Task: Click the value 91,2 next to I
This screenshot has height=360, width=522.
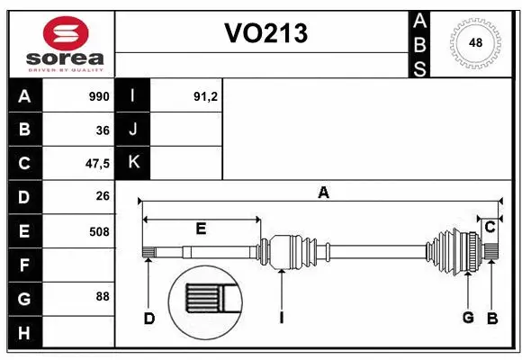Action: point(206,96)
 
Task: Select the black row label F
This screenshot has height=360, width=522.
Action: point(24,265)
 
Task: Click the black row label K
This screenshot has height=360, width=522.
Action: point(133,163)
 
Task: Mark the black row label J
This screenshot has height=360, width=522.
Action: point(133,130)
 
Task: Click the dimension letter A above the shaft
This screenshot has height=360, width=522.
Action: point(323,192)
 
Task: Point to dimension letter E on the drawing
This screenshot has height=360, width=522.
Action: point(201,229)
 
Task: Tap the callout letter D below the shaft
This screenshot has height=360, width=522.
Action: point(149,318)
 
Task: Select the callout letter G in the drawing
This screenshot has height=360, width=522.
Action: point(468,317)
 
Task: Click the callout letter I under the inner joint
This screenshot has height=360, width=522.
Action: point(282,318)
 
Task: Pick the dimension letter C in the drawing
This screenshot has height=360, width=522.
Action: point(490,228)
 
